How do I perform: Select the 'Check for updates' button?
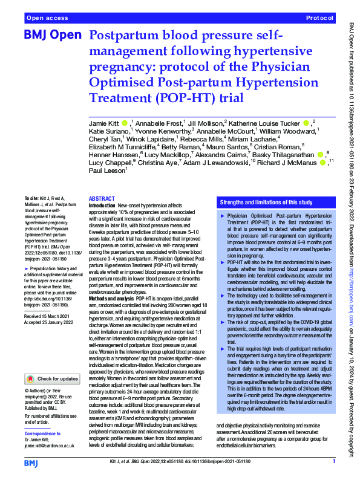click(x=51, y=362)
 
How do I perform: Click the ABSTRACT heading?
click(x=101, y=199)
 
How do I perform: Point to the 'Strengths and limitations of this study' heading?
click(x=266, y=202)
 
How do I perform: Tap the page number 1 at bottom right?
click(x=333, y=462)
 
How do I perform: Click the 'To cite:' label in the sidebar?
click(x=31, y=198)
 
